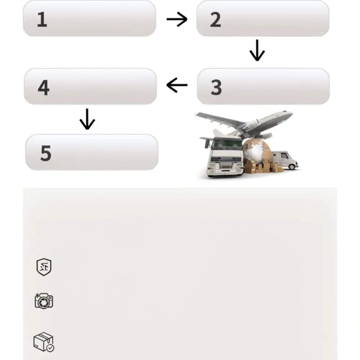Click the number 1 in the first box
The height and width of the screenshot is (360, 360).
42,19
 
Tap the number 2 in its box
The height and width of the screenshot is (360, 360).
216,20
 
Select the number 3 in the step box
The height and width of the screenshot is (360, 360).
216,87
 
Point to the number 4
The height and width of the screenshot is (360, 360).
44,87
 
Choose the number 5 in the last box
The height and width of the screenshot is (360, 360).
46,153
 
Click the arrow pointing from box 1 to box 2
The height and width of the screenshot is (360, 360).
177,19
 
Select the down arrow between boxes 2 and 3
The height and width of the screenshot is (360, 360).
257,50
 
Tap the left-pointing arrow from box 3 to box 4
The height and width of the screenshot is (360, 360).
177,85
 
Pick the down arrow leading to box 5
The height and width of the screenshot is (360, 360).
87,119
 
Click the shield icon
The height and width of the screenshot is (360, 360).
44,267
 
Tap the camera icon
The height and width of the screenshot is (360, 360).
44,301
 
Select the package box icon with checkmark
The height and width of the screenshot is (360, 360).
44,342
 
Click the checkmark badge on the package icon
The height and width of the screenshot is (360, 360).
50,348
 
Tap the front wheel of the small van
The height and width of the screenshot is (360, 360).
292,166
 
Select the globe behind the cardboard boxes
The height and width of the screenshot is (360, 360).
257,152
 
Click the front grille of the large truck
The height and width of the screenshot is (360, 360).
225,166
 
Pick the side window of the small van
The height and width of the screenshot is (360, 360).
284,156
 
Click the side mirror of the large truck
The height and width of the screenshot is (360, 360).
208,144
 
